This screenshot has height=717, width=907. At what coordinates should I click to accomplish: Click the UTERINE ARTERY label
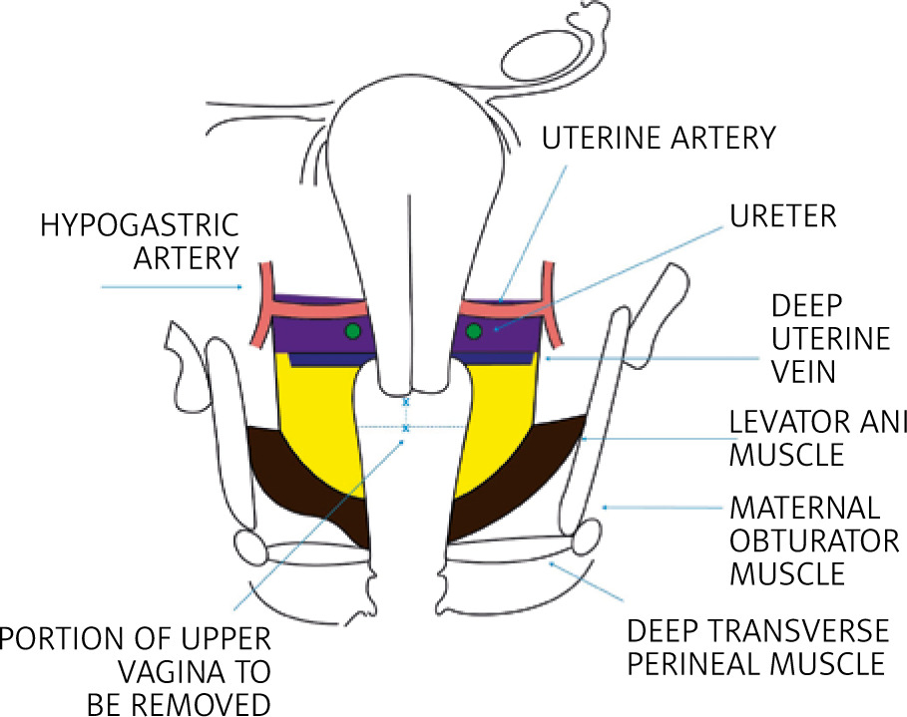click(659, 138)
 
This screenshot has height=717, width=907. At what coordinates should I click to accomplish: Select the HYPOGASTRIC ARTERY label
click(140, 240)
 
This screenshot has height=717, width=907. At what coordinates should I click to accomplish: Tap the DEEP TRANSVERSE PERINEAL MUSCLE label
click(756, 647)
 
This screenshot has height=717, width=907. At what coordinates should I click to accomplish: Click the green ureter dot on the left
click(351, 331)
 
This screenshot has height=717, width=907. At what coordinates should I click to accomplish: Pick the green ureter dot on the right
click(474, 331)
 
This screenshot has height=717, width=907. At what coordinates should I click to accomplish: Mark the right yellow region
click(499, 429)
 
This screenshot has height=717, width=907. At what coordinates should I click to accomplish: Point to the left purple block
click(319, 324)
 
